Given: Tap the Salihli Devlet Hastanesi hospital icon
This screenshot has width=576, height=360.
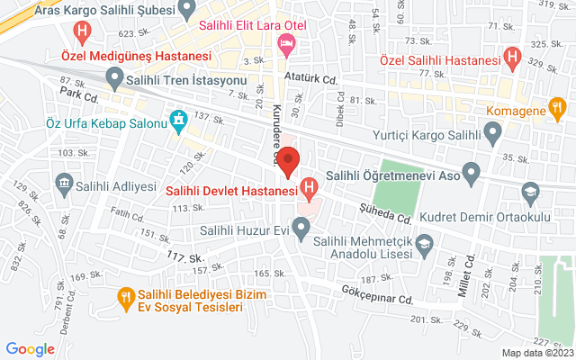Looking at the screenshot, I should (310, 189).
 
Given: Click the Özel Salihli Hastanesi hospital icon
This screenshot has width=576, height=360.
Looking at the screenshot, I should (513, 59).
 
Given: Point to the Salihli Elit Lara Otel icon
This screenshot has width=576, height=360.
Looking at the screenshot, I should (286, 42).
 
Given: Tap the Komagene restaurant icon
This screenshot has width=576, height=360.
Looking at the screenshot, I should (558, 111).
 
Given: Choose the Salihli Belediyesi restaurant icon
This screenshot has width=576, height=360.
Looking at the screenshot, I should (127, 294).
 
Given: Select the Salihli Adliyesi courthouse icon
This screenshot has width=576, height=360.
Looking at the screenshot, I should (65, 187).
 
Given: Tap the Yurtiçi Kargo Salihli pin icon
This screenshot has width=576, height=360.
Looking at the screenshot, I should (492, 137).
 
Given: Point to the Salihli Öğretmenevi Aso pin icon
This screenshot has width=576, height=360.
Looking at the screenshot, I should (471, 171).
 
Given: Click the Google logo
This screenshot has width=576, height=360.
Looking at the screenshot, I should (30, 349).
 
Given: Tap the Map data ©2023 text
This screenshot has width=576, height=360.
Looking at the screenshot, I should (537, 353).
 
